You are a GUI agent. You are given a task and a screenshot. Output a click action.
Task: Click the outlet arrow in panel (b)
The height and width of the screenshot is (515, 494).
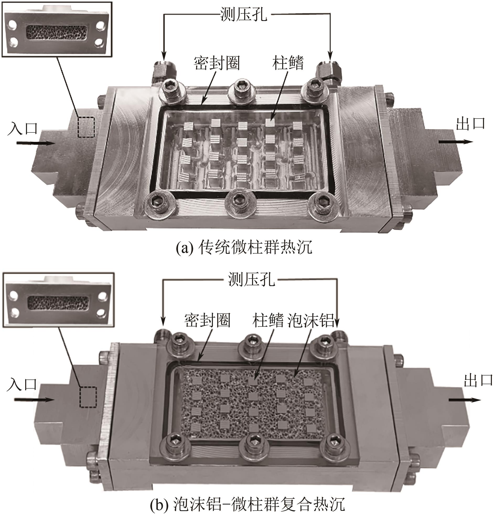(x=465, y=400)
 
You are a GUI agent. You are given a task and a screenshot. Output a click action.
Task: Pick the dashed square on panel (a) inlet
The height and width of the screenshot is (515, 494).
(x=86, y=127)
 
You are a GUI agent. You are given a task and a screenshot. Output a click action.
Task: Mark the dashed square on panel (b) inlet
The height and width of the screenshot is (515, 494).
(x=88, y=397)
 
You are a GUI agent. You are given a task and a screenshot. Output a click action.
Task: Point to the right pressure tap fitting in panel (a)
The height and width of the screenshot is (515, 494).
(x=328, y=70)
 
